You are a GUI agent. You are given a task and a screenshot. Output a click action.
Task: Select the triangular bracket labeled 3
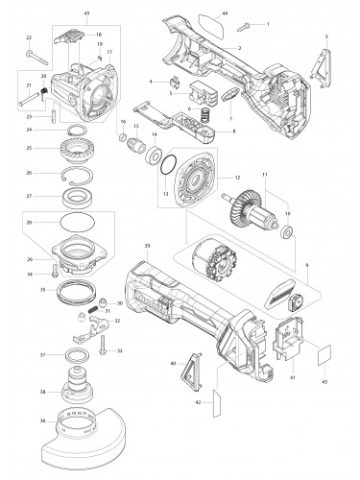tap(323, 61)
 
